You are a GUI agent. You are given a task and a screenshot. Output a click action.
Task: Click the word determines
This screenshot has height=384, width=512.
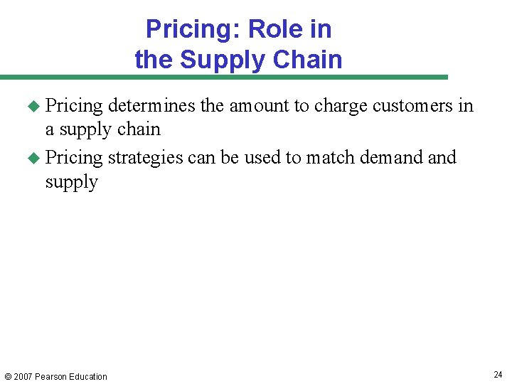point(151,106)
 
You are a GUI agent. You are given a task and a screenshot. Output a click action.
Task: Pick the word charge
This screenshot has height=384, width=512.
point(341,107)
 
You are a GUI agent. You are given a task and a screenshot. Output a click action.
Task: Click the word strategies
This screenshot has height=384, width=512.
point(145,157)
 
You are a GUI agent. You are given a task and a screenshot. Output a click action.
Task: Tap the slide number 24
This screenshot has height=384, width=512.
point(498,375)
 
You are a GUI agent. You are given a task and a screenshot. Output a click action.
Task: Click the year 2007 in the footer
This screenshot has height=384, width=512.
point(23,377)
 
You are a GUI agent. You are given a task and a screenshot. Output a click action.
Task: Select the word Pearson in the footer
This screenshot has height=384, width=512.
point(52,377)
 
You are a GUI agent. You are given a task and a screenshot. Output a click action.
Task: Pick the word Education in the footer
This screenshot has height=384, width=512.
point(89,377)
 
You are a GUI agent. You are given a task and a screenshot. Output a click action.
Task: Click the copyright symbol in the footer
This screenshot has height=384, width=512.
point(7,377)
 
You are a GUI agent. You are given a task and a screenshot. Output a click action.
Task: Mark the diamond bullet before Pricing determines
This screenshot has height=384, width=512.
point(32,107)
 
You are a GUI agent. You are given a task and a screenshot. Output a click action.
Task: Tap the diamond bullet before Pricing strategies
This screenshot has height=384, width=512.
point(32,158)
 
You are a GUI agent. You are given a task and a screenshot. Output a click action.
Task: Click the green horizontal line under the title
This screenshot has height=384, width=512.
point(224,77)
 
